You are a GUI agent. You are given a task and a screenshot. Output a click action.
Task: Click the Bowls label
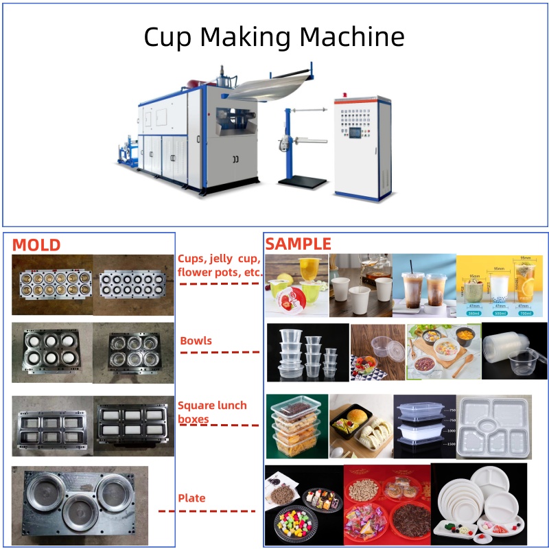tap(196, 341)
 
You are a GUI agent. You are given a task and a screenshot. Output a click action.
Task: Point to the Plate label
tap(191, 498)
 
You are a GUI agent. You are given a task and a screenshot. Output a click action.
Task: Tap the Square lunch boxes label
tap(212, 412)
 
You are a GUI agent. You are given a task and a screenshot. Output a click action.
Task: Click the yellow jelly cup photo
tap(296, 285)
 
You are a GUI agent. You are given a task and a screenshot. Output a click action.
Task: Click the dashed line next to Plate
tap(207, 511)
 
